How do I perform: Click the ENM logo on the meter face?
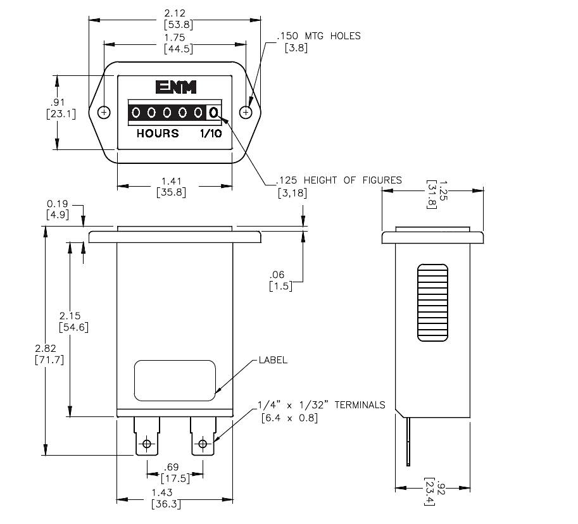pos(175,87)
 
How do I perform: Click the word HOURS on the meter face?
pos(158,134)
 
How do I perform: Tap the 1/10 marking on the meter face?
pos(211,134)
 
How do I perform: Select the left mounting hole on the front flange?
pos(105,113)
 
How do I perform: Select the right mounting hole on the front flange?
pos(246,113)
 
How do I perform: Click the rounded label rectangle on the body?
pos(175,380)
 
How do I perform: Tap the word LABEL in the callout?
pos(273,360)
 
